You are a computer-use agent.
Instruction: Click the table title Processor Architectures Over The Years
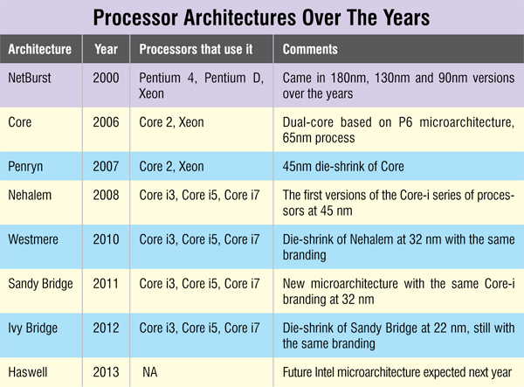click(x=261, y=18)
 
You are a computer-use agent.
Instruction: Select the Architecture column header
click(x=40, y=50)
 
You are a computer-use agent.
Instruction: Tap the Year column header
click(x=106, y=50)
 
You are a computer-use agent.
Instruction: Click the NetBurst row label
click(x=31, y=78)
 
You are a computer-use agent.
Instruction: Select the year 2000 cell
click(x=107, y=78)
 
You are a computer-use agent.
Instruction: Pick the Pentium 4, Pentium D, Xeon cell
click(x=200, y=85)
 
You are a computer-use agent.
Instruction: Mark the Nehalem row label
click(x=31, y=196)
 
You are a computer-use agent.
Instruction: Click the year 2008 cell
click(x=107, y=196)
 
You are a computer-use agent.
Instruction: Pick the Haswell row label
click(x=30, y=369)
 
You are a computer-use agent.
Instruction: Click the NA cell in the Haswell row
click(x=149, y=369)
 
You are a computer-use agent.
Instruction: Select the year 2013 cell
click(x=107, y=369)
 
